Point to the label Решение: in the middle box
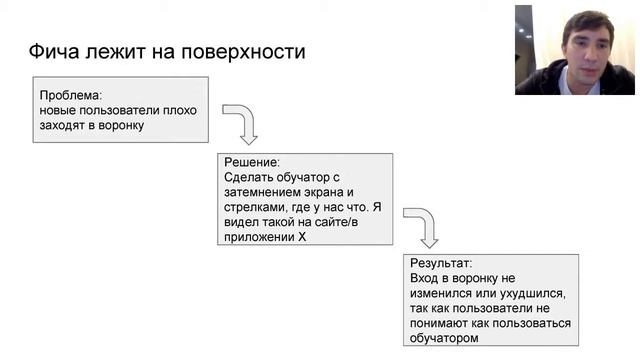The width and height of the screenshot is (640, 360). click(252, 162)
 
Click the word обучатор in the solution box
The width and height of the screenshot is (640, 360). click(315, 177)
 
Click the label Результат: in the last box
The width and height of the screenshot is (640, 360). click(442, 263)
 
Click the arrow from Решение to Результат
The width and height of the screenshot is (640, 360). click(422, 226)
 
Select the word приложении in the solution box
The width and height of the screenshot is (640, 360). click(257, 238)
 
